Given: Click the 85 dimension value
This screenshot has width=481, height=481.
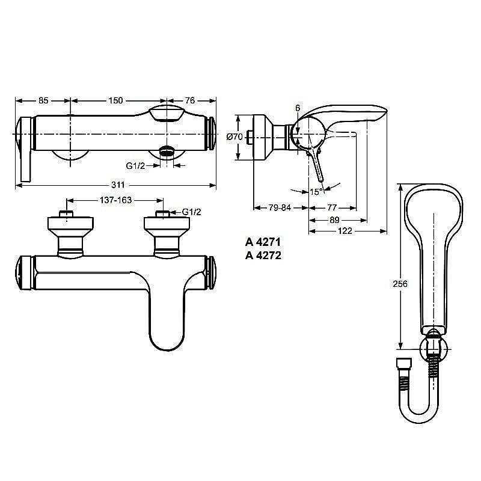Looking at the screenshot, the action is coord(43,100).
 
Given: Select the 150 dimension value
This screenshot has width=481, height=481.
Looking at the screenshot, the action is coord(115,100).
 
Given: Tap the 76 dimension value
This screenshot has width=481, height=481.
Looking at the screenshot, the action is coord(189,100).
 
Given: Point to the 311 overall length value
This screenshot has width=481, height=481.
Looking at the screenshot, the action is coord(118,185).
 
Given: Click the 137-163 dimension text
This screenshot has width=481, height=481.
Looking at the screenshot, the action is coord(115,200).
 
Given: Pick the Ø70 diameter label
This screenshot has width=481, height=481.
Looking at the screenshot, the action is coord(234,136).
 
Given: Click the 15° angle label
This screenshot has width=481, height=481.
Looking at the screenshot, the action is coord(317,192).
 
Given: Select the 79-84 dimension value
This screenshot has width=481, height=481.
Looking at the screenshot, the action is coord(280,207).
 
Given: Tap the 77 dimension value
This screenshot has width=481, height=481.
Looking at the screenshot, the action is coord(332,207).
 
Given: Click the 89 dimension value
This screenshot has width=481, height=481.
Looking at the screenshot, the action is coord(334,220).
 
